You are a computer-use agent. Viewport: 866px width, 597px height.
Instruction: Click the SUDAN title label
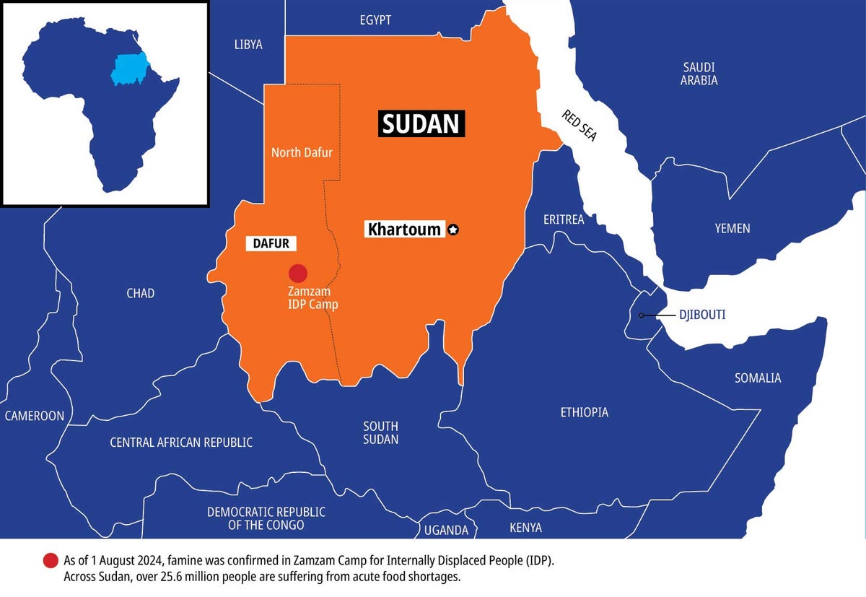(421, 124)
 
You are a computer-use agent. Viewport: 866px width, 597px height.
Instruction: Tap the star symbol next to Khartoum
(453, 230)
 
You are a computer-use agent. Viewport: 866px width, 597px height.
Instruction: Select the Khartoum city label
(404, 230)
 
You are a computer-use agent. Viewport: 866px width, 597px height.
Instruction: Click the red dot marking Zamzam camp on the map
(298, 273)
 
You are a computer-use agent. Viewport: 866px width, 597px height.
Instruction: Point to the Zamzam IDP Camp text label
(308, 297)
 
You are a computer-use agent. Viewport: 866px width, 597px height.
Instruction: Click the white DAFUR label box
(271, 243)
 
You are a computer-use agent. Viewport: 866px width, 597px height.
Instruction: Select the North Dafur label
(302, 152)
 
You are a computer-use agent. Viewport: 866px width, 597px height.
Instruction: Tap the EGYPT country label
(375, 20)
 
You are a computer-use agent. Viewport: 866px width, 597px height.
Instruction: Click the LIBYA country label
(248, 45)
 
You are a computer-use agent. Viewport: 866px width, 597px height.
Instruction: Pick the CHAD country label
(140, 293)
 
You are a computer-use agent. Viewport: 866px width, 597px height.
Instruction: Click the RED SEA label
(579, 125)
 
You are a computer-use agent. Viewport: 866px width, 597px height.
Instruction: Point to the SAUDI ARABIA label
(699, 74)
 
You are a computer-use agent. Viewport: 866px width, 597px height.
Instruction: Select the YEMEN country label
(732, 228)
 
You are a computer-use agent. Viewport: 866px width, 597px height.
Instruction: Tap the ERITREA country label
(564, 219)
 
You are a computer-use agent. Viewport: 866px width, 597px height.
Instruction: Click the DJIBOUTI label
(701, 315)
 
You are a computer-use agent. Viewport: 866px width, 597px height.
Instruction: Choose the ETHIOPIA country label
(584, 412)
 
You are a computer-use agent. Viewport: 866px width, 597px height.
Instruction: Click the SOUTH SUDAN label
(380, 432)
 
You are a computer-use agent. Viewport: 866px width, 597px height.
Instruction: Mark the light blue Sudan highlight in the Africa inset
(128, 69)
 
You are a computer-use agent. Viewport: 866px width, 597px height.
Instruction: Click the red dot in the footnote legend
(51, 561)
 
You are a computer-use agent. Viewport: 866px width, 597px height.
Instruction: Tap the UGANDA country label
(446, 530)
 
